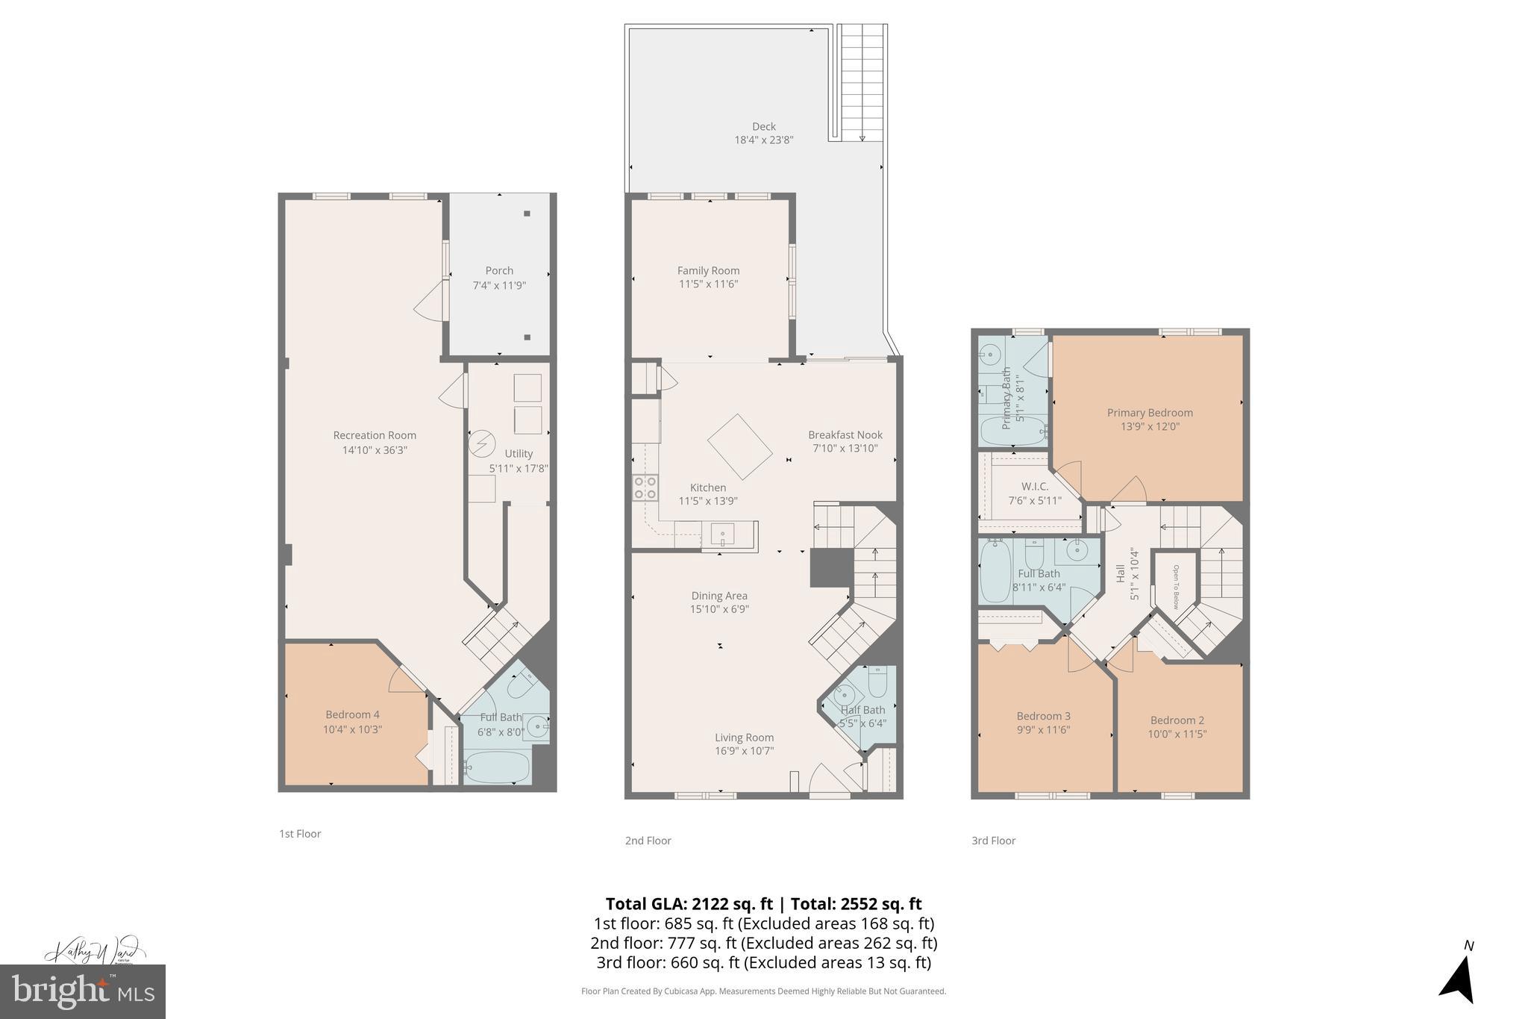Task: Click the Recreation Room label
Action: point(375,435)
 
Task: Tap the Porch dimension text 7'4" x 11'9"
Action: point(499,285)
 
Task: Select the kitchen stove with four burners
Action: point(645,487)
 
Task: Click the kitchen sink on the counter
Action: point(723,535)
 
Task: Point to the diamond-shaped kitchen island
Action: point(739,447)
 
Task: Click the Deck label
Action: point(763,126)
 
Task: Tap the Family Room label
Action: point(708,271)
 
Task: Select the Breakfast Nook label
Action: point(845,434)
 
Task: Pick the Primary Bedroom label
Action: point(1149,413)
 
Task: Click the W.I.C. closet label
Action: point(1034,487)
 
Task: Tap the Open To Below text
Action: point(1175,587)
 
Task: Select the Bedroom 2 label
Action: point(1177,720)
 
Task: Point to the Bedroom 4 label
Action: point(352,714)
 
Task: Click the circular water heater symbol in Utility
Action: point(481,444)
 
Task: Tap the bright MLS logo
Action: point(83,991)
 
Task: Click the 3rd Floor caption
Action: point(993,841)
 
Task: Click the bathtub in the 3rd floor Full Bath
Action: point(995,573)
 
